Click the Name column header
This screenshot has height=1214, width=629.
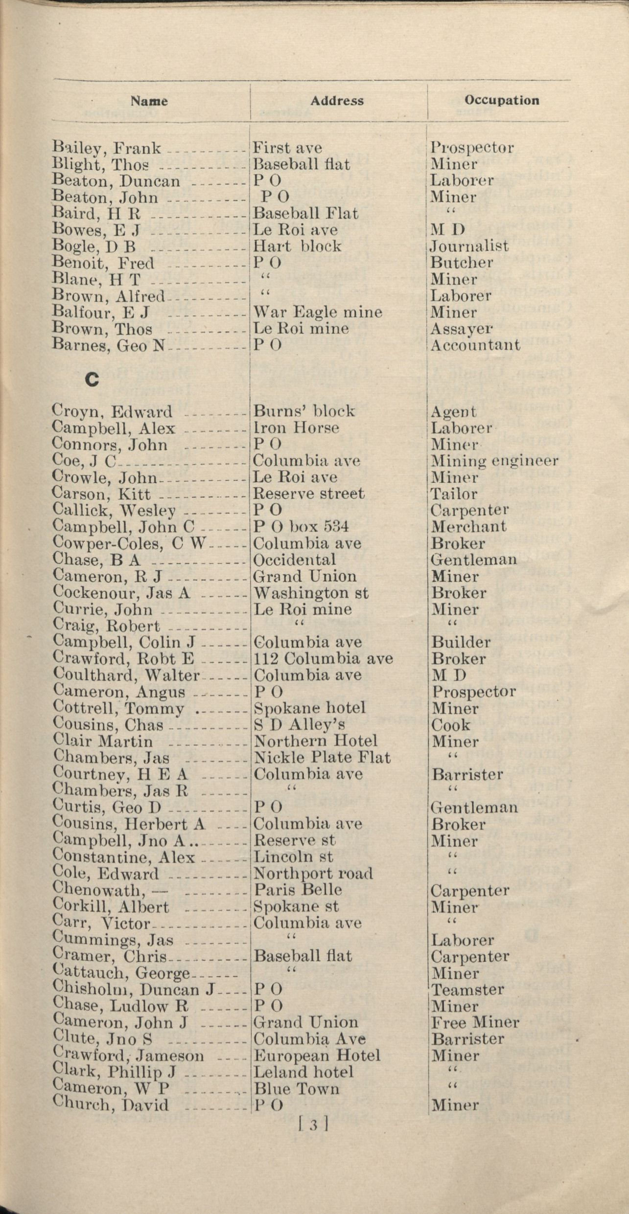149,101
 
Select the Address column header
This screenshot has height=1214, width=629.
337,101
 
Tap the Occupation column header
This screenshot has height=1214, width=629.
502,100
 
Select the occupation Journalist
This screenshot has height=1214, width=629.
469,246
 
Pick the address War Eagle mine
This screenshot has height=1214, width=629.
317,312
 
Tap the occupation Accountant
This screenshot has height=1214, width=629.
475,345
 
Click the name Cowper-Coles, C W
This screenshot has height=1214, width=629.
128,543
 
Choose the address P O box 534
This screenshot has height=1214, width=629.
301,526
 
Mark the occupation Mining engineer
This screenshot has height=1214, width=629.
494,461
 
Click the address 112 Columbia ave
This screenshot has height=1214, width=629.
323,658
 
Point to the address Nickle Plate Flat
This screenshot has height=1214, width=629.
322,758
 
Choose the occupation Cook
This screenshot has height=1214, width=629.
450,725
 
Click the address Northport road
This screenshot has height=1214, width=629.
313,874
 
